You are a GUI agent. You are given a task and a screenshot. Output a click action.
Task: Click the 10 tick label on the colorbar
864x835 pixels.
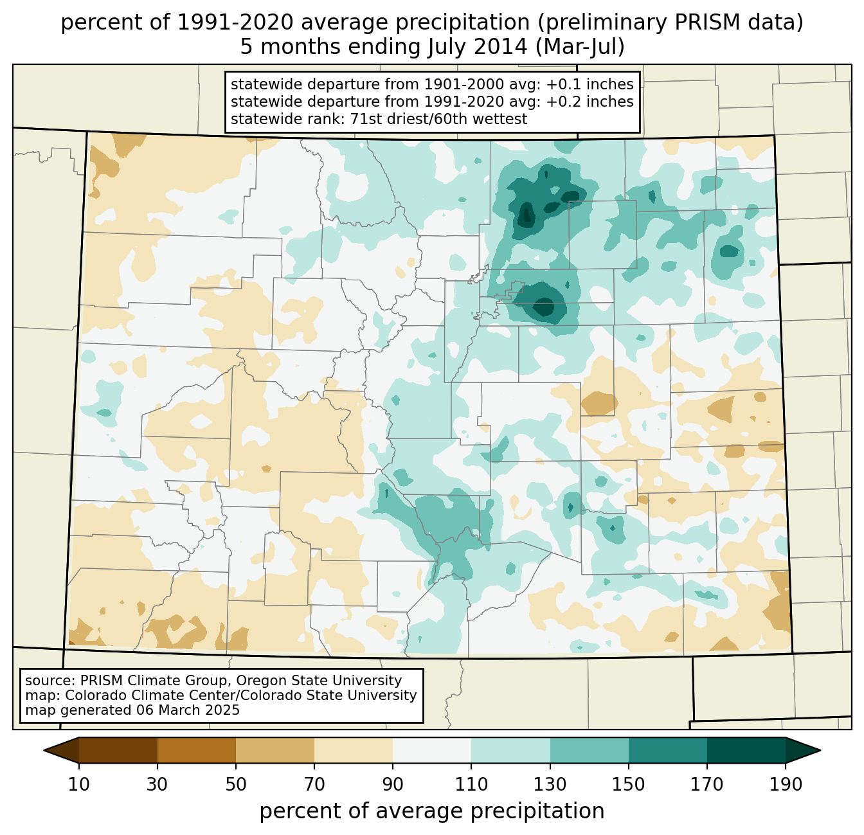coord(79,784)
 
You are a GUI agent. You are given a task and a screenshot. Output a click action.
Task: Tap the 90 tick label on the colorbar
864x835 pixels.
coord(393,784)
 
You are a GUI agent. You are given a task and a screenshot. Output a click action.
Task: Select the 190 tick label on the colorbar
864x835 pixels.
coord(786,784)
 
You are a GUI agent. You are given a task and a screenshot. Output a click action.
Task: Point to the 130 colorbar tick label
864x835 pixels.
coord(550,784)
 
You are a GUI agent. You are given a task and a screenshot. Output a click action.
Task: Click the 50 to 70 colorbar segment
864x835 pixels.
coord(275,750)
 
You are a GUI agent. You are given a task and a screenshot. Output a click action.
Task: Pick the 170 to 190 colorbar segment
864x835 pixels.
coord(746,750)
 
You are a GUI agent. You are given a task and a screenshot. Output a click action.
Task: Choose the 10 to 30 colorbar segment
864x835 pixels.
coord(118,750)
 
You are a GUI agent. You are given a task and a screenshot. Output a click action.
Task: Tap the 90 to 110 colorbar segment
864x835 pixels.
coord(432,750)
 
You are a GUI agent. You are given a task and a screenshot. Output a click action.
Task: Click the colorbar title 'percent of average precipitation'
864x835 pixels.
coord(432,811)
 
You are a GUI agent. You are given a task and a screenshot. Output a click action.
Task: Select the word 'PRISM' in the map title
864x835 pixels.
coord(679,23)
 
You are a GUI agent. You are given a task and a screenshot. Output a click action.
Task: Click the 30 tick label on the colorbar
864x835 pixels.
coord(157,784)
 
